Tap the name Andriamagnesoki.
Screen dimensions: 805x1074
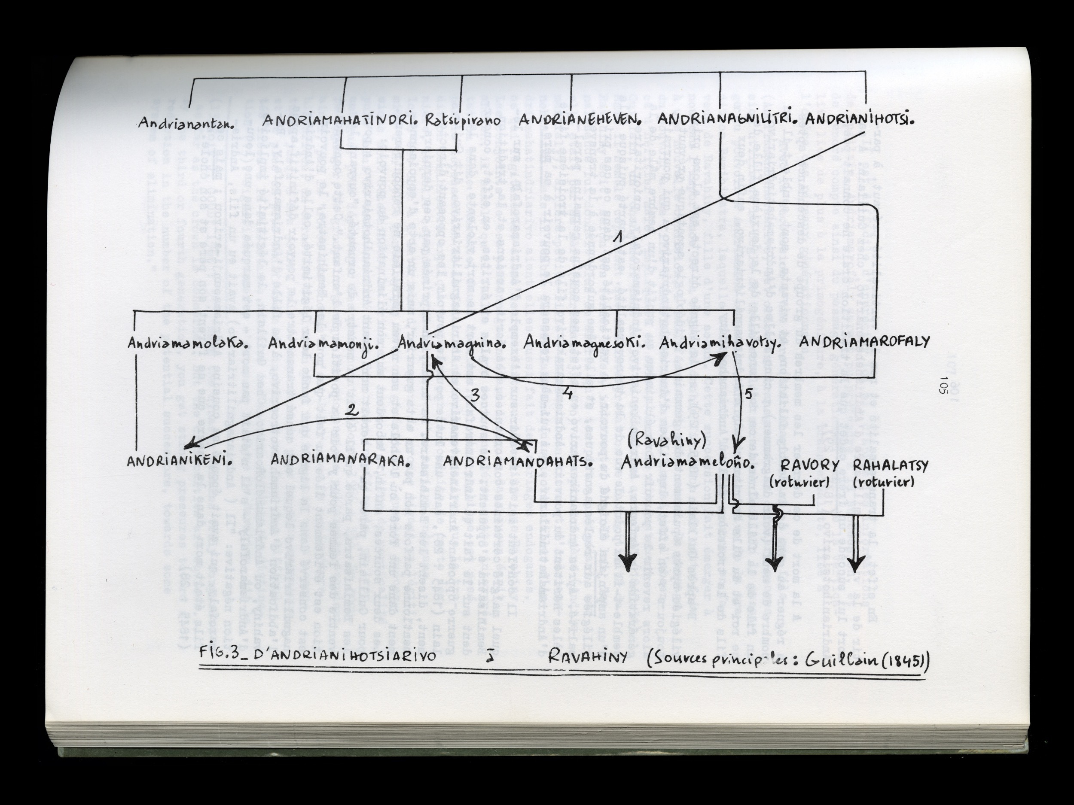point(585,343)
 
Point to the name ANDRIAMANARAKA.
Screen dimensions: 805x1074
point(341,462)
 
